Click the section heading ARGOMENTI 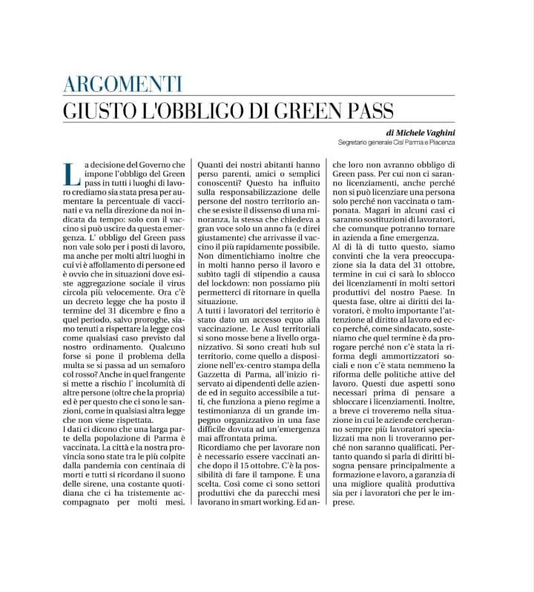(x=122, y=84)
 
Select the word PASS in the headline (x=362, y=111)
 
